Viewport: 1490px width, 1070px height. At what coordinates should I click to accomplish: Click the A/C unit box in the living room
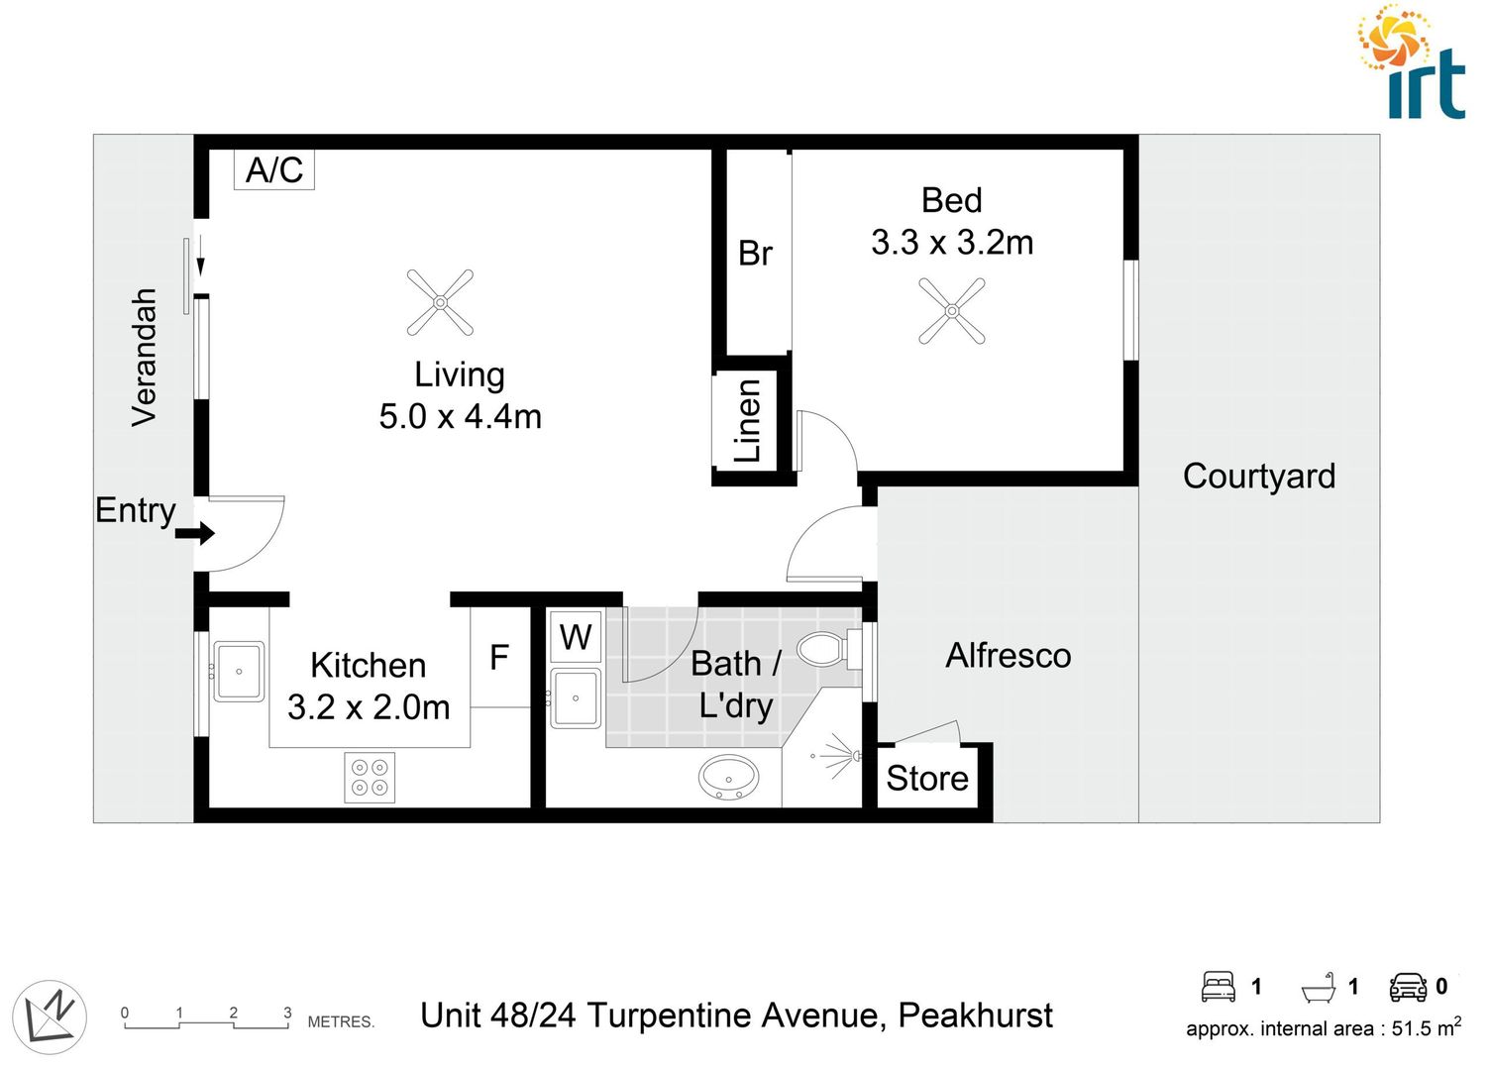274,169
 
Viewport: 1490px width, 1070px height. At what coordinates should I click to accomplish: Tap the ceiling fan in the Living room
440,302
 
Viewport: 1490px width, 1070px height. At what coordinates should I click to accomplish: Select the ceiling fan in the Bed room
951,311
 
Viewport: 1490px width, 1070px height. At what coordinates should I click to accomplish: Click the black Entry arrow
195,534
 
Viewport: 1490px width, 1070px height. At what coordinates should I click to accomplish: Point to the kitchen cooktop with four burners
370,777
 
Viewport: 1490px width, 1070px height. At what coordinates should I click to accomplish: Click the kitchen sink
239,671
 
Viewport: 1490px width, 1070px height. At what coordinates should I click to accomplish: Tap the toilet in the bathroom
821,650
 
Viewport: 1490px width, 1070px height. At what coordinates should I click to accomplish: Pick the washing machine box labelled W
576,637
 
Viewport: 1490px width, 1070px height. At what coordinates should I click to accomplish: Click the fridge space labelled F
499,657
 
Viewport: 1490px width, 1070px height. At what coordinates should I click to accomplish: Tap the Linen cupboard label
748,420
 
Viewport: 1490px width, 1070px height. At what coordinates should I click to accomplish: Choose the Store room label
927,779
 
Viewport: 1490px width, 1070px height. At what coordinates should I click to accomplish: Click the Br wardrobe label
755,254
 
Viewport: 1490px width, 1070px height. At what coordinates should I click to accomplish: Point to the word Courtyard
1258,476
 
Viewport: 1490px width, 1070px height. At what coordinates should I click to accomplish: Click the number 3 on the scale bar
288,1013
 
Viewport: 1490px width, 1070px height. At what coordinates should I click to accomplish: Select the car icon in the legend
1408,987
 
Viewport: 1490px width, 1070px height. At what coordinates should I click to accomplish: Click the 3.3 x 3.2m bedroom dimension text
952,243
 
